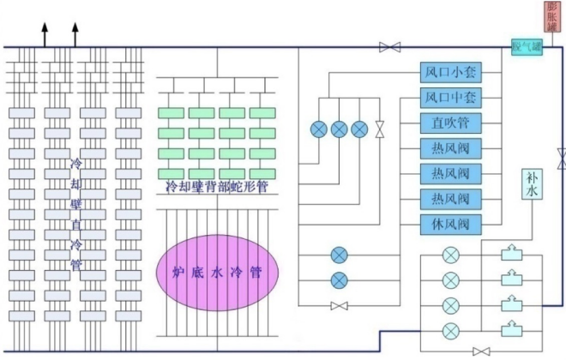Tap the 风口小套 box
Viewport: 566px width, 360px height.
[x=451, y=72]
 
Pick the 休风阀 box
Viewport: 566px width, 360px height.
[x=451, y=225]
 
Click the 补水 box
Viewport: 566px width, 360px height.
[x=531, y=183]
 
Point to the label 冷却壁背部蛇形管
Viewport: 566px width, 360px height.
[x=216, y=186]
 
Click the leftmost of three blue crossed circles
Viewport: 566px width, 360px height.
[x=319, y=129]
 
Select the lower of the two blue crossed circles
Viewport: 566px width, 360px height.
[x=340, y=279]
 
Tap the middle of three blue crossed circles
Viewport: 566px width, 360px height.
[x=340, y=129]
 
